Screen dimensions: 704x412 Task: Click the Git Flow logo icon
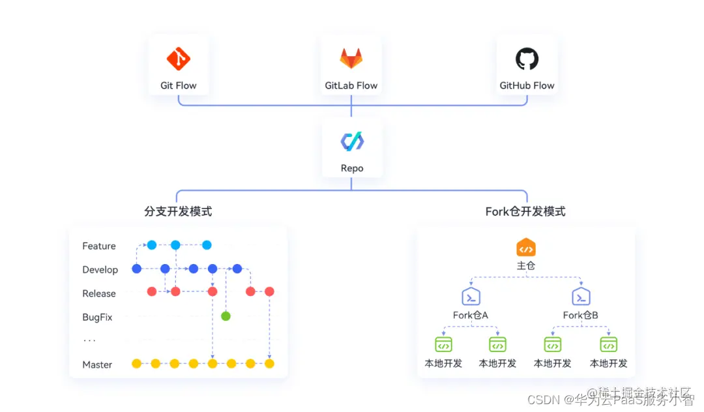178,59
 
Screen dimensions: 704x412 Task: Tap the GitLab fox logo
351,59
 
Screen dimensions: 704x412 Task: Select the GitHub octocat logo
527,59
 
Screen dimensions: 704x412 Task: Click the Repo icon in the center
352,141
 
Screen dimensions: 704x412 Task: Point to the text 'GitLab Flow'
351,85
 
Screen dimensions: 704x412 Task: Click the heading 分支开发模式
178,211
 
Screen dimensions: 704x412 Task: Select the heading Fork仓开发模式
525,211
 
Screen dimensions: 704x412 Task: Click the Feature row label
99,246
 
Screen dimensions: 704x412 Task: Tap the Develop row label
100,269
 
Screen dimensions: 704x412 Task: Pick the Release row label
99,293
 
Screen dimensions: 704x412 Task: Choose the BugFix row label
97,317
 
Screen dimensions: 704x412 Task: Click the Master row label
97,364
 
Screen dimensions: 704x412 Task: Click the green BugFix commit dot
226,316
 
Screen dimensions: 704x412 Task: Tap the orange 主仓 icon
526,248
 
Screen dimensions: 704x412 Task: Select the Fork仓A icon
471,297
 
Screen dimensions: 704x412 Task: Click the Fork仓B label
581,316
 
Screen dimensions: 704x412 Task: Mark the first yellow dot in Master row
136,364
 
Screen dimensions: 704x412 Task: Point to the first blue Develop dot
137,269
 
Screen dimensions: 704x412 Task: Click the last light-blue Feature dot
207,245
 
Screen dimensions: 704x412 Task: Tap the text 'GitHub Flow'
527,85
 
